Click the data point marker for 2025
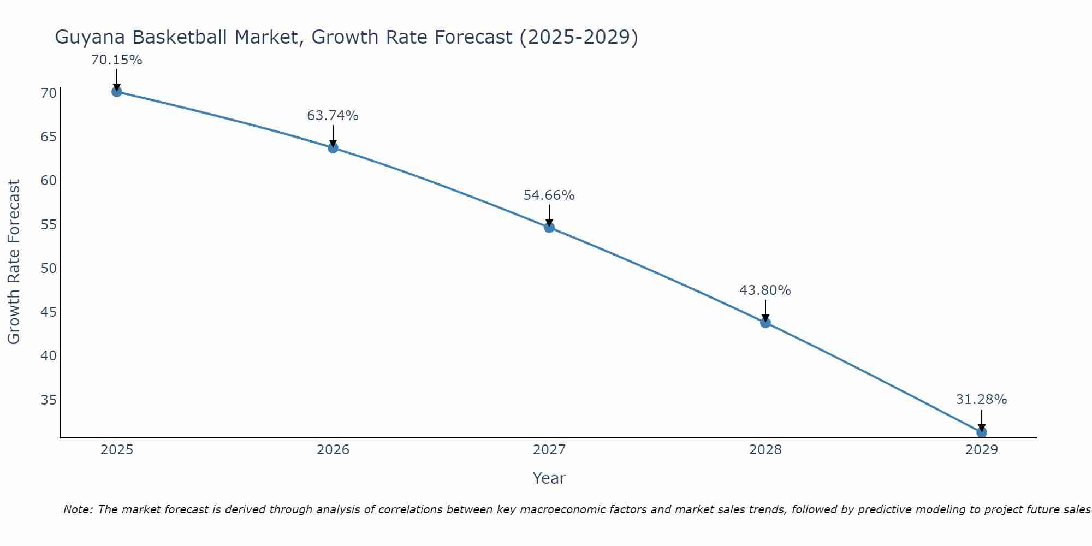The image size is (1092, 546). pos(116,92)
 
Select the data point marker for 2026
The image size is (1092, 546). pos(333,147)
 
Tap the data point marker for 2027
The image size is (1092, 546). pos(549,227)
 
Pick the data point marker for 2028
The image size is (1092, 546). pos(765,322)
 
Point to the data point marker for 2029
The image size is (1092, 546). pos(981,432)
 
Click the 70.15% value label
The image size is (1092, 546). pos(116,60)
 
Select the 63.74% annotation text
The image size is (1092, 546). pos(333,116)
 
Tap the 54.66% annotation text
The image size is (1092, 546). pos(549,195)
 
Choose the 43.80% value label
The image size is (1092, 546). pos(765,290)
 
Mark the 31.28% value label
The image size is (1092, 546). pos(981,400)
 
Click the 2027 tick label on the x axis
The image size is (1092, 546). pos(549,450)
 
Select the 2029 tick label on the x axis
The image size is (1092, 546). pos(981,450)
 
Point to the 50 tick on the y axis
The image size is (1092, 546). pos(49,268)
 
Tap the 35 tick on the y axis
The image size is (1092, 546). pos(49,400)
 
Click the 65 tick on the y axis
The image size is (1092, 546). pos(49,136)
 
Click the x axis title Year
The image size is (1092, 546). pos(549,478)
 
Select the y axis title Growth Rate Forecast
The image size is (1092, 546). pos(14,262)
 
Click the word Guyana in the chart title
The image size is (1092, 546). pos(90,37)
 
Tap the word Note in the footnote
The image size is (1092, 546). pos(79,509)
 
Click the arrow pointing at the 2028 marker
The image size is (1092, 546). pos(765,310)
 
